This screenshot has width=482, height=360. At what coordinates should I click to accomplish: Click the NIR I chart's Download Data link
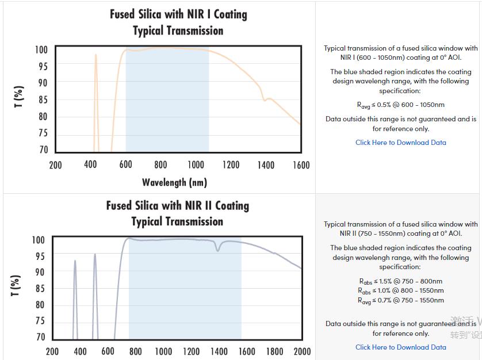400,143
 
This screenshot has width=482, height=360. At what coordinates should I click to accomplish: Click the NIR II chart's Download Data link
400,347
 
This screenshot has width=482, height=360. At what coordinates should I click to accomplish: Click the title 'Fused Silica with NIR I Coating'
178,14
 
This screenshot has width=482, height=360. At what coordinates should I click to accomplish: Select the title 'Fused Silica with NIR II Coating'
177,205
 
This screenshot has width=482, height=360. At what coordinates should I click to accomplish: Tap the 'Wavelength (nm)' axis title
174,182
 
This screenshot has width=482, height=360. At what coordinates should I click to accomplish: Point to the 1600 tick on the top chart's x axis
301,165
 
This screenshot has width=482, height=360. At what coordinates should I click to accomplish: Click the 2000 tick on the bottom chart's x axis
301,351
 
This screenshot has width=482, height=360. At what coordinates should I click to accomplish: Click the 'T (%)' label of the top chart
20,97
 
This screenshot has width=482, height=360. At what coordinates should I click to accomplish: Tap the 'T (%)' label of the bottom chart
16,286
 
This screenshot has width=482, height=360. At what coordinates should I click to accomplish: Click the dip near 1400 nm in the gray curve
217,250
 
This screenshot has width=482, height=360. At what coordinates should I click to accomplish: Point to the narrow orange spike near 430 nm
95,56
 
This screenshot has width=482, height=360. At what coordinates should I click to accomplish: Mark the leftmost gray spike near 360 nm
75,262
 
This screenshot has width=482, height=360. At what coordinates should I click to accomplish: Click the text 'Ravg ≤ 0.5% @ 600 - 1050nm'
400,105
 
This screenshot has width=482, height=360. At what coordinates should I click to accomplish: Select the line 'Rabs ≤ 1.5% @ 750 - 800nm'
400,281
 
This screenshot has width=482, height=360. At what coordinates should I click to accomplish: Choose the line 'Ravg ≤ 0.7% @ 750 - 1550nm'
400,300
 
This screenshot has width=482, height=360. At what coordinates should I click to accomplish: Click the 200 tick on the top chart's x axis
55,165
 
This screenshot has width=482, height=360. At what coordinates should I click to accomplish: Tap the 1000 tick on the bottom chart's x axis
163,351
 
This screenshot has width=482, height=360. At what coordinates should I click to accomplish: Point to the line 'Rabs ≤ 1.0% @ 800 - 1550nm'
400,291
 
